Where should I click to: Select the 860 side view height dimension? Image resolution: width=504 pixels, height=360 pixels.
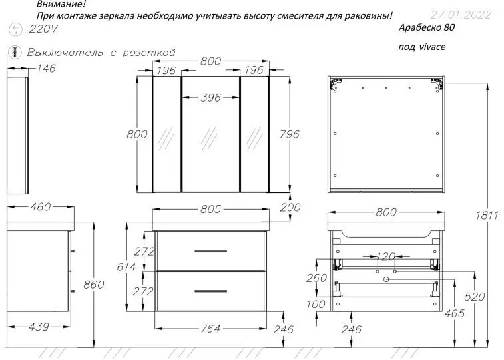click(94, 285)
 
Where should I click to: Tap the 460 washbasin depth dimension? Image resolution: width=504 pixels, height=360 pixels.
click(40, 208)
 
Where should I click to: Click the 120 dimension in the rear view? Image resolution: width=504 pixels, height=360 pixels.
click(386, 256)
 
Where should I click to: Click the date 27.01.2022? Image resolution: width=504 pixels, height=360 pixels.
click(462, 14)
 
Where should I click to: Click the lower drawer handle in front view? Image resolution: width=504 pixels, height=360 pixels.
click(210, 290)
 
